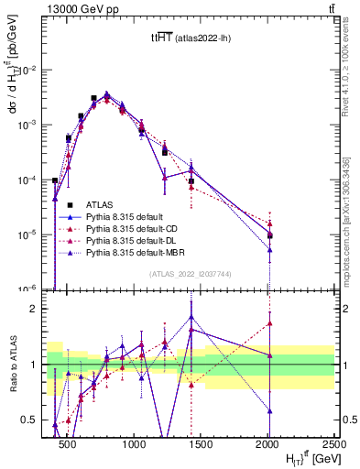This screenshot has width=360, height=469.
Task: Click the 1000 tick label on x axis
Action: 134,442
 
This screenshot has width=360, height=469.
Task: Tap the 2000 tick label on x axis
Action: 267,442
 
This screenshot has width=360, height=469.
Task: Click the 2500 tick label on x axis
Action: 333,442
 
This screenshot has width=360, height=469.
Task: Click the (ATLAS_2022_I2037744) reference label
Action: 191,275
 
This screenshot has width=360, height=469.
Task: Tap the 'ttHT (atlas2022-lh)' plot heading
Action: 191,38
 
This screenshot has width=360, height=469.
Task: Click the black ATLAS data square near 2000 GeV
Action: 269,235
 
